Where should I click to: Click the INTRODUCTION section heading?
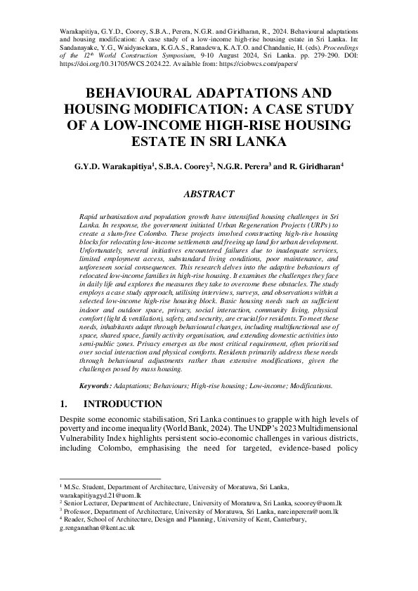click(x=123, y=404)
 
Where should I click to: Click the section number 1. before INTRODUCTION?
click(x=62, y=404)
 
